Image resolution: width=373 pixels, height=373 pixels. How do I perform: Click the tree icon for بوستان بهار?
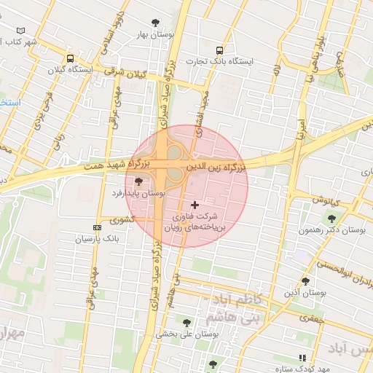coord(154,23)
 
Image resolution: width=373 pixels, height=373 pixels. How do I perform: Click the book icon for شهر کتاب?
coord(20,31)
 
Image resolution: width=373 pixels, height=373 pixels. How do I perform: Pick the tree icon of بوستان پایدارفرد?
coord(138,181)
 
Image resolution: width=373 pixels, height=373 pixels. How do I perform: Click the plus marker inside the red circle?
coord(195,205)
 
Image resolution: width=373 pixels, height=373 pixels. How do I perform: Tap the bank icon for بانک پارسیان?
coord(98,227)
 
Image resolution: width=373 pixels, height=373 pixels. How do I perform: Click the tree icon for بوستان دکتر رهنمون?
coord(331,218)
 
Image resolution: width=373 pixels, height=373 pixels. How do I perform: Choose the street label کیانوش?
coord(327,199)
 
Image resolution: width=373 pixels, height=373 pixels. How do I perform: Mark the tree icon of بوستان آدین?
coord(305,281)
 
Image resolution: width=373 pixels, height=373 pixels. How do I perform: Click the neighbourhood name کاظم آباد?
coord(234,300)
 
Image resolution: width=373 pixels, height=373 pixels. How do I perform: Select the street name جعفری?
coord(310,318)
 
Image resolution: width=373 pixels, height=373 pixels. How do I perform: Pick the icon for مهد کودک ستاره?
coord(302,358)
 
